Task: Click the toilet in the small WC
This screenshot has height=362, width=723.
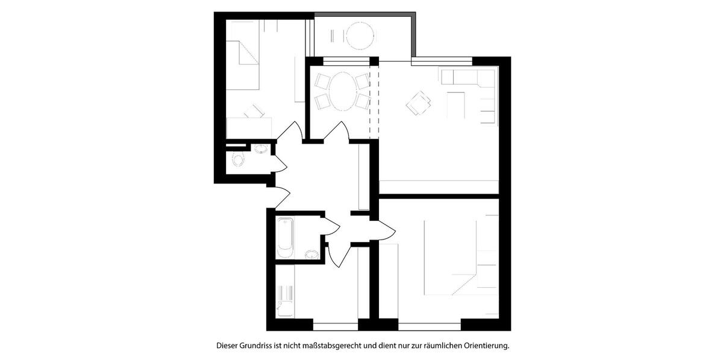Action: point(238,160)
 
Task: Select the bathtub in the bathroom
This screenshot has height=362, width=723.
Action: point(286,237)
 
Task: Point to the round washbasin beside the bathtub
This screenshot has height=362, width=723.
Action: point(311,253)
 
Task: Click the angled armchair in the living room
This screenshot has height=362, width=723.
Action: point(419,103)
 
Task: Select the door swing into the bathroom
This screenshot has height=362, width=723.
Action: point(330,228)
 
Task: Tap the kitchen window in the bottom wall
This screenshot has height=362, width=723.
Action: point(335,326)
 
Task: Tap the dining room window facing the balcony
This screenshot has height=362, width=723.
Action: point(346,59)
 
